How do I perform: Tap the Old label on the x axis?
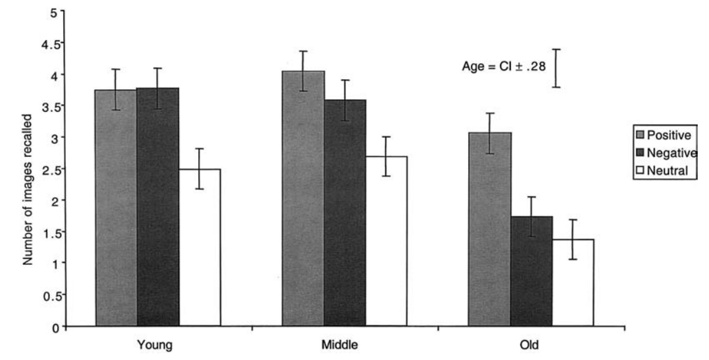[531, 346]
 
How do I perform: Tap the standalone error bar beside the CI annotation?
[556, 68]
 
